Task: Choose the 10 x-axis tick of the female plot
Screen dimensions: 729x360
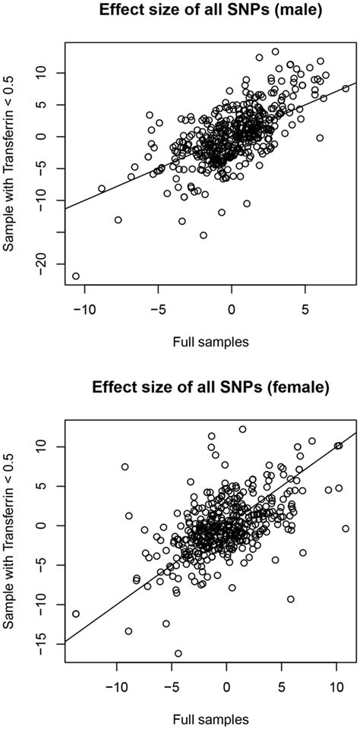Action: (x=336, y=686)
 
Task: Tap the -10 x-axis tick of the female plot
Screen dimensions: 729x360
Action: (x=116, y=686)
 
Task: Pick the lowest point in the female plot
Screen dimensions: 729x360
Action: (x=178, y=653)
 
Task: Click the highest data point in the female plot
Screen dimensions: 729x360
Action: (x=242, y=429)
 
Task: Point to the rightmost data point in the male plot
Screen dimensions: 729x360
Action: (x=346, y=88)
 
